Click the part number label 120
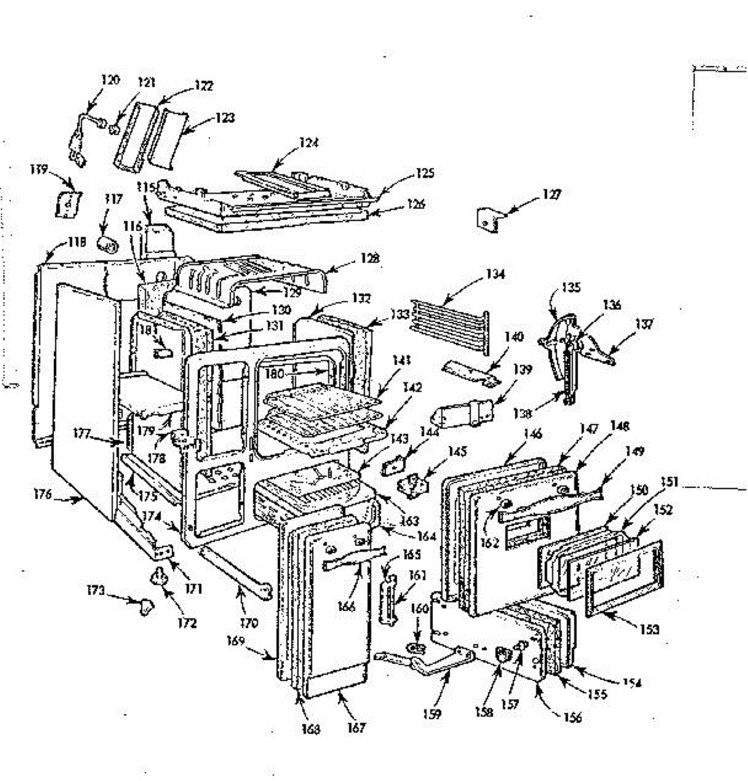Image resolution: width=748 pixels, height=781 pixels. point(110,80)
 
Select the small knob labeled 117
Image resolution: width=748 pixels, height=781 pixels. point(106,245)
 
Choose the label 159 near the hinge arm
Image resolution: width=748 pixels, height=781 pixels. point(432,713)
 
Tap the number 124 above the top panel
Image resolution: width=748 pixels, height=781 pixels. point(309,143)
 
